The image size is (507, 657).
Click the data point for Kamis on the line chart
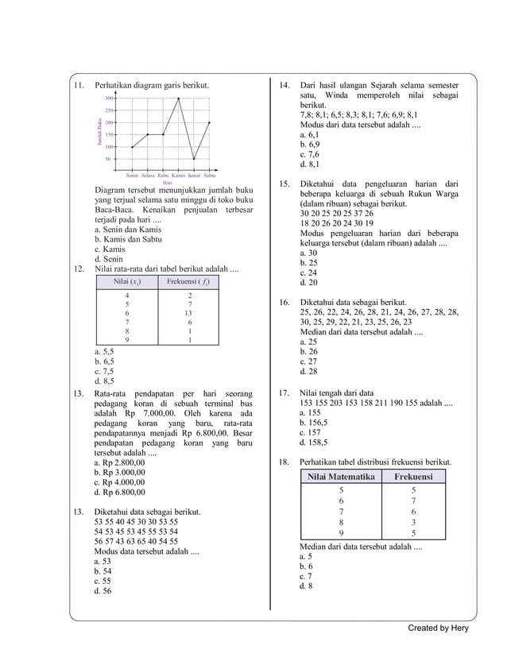[x=179, y=99]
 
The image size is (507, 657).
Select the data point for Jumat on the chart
[x=194, y=159]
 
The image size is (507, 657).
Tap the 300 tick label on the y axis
[x=110, y=98]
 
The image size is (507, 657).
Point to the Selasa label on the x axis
[x=148, y=174]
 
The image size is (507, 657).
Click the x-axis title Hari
[x=167, y=183]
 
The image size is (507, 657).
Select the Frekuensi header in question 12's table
[x=188, y=282]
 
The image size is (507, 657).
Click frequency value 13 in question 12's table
[x=188, y=313]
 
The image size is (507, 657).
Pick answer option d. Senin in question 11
[x=108, y=259]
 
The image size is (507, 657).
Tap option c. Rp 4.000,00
[x=119, y=481]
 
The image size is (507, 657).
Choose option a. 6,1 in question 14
[x=309, y=135]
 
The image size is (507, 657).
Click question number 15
[x=282, y=184]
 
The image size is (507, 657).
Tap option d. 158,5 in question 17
[x=313, y=443]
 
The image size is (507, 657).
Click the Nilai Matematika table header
[x=341, y=477]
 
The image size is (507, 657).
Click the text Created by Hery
[x=438, y=628]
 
